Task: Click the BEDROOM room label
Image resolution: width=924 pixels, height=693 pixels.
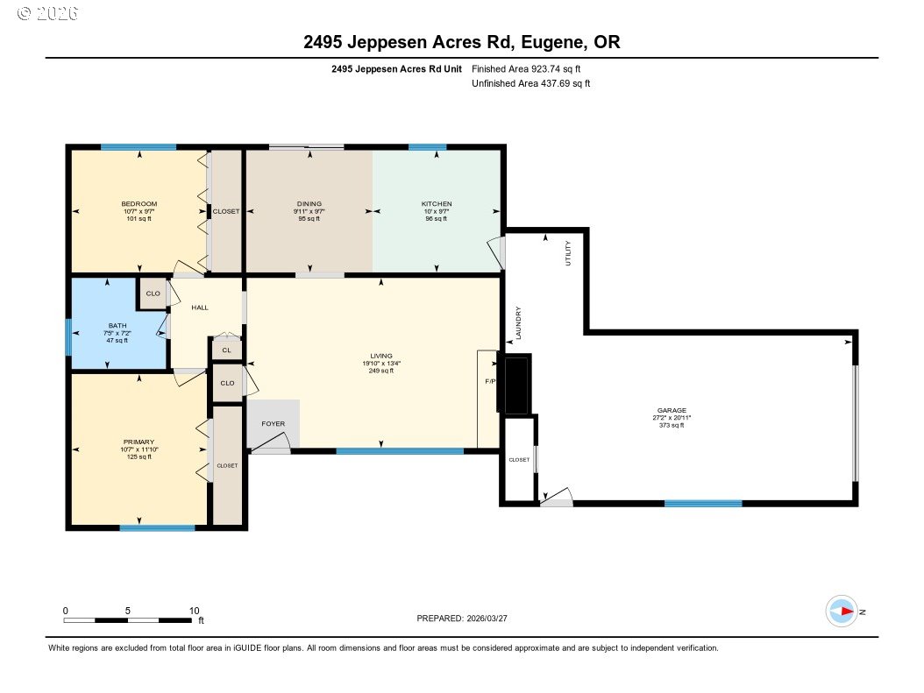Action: pyautogui.click(x=139, y=204)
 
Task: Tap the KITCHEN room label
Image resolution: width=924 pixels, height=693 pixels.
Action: pyautogui.click(x=436, y=204)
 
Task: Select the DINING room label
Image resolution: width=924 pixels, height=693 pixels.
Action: pyautogui.click(x=309, y=204)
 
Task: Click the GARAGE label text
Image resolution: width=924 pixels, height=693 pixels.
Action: pyautogui.click(x=672, y=410)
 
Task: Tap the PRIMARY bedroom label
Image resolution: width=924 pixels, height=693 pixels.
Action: pyautogui.click(x=139, y=442)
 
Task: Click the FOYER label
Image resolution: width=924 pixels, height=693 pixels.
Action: pyautogui.click(x=274, y=424)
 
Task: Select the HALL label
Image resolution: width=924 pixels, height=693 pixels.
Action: pyautogui.click(x=200, y=308)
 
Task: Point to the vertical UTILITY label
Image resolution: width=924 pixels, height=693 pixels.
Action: pyautogui.click(x=568, y=253)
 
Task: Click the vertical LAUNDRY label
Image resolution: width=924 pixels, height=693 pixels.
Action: pyautogui.click(x=519, y=322)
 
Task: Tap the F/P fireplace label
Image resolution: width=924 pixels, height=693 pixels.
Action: pyautogui.click(x=490, y=383)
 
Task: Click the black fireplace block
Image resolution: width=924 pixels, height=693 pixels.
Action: pyautogui.click(x=516, y=384)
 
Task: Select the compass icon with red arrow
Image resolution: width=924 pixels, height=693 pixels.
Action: pyautogui.click(x=842, y=611)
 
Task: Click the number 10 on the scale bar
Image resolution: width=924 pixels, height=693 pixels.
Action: pyautogui.click(x=194, y=611)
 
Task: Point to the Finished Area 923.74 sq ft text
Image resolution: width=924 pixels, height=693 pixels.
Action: pyautogui.click(x=526, y=68)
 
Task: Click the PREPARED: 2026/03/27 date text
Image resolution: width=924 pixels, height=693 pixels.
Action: pyautogui.click(x=461, y=619)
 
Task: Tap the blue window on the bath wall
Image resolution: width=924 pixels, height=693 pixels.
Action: pyautogui.click(x=68, y=337)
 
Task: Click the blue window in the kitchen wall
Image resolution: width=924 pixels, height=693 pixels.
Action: pyautogui.click(x=427, y=147)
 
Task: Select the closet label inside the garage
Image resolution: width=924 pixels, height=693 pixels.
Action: pyautogui.click(x=519, y=459)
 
